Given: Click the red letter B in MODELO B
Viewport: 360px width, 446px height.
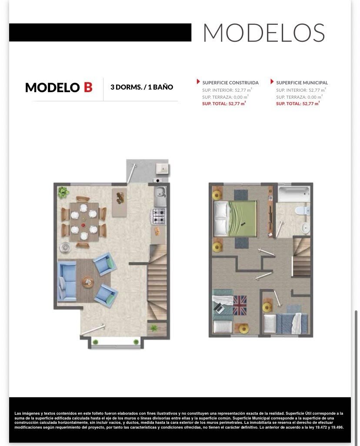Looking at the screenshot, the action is pyautogui.click(x=88, y=87).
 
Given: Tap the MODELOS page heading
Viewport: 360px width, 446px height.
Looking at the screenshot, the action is pyautogui.click(x=264, y=33).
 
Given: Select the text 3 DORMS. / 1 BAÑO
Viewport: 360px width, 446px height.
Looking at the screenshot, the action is pyautogui.click(x=142, y=87).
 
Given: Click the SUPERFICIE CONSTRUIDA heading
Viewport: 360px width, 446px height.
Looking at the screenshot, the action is pyautogui.click(x=230, y=83).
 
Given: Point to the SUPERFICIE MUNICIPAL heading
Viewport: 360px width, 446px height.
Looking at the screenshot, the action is pyautogui.click(x=302, y=83).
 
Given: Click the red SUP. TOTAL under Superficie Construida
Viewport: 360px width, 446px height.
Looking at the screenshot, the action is pyautogui.click(x=223, y=104).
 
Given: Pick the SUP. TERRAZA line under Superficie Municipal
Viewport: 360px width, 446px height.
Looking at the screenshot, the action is pyautogui.click(x=299, y=97).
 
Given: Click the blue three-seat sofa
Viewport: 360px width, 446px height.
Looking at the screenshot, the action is pyautogui.click(x=67, y=281).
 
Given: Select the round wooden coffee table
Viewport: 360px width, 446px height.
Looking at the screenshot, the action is pyautogui.click(x=88, y=282).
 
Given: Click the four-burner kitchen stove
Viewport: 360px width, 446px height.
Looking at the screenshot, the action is pyautogui.click(x=159, y=216).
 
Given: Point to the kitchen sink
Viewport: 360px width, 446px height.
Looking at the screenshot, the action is pyautogui.click(x=160, y=196).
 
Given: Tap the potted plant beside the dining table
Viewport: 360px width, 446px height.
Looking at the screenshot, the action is pyautogui.click(x=63, y=193).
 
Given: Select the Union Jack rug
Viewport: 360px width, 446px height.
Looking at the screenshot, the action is pyautogui.click(x=240, y=305).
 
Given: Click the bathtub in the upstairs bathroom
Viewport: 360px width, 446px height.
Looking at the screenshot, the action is pyautogui.click(x=294, y=194).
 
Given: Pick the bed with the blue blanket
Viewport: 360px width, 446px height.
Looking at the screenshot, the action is pyautogui.click(x=286, y=323).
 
